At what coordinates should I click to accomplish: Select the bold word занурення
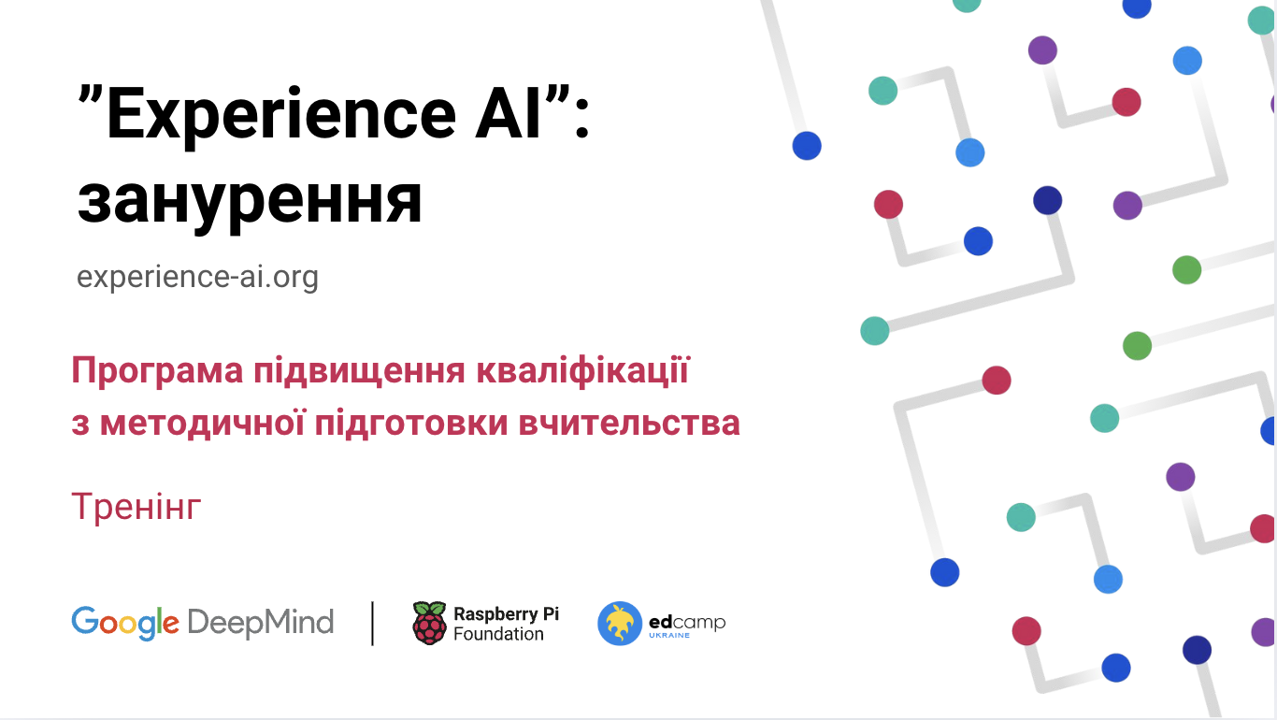click(250, 200)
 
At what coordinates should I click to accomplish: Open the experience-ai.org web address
click(197, 277)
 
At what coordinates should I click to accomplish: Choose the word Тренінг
click(136, 507)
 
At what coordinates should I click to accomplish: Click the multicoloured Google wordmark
click(124, 623)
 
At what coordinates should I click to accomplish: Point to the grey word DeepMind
click(260, 622)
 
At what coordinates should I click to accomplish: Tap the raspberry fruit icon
click(429, 623)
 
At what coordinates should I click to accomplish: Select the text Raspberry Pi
click(506, 613)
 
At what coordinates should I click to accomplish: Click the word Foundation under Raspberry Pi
click(498, 634)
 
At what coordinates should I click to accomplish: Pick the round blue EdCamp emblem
click(620, 624)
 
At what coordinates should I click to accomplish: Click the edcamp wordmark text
click(686, 621)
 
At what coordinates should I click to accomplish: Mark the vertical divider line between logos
click(373, 623)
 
